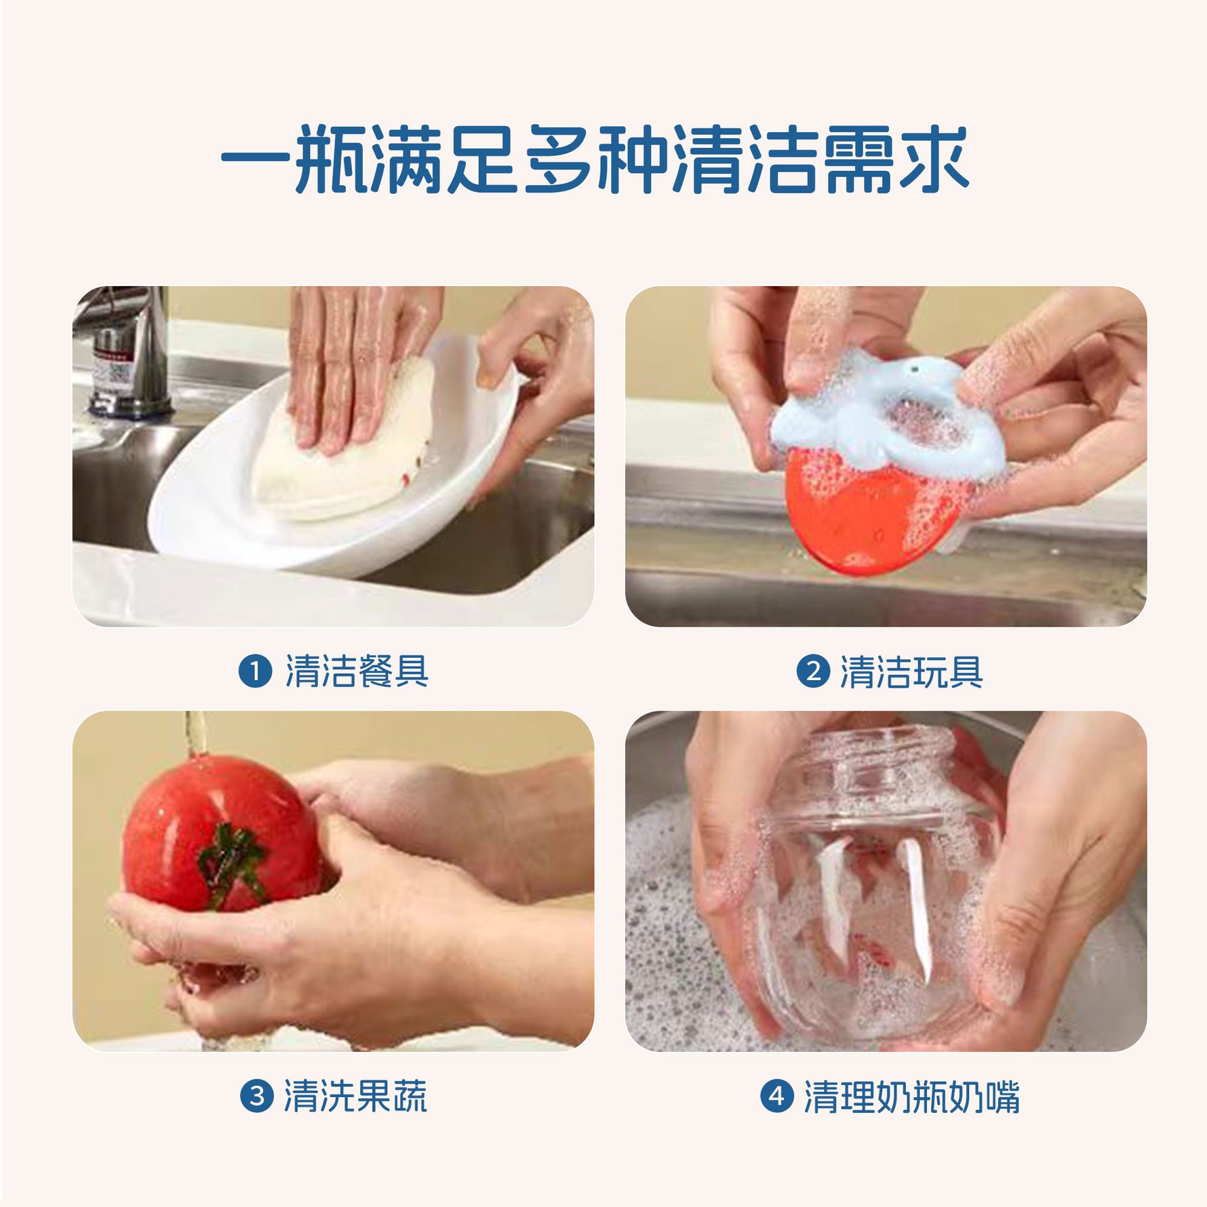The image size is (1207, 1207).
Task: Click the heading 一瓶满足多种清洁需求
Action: [x=595, y=160]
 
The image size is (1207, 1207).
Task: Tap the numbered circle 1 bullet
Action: [x=256, y=671]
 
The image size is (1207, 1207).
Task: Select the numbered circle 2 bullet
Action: [x=813, y=671]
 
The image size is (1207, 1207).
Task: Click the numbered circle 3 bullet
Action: [x=257, y=1096]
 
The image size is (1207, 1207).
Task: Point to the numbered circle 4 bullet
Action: [x=777, y=1096]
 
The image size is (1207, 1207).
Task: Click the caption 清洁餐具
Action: [x=357, y=671]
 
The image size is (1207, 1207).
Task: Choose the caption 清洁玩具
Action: [x=911, y=671]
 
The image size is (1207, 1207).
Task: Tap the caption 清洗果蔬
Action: [x=355, y=1096]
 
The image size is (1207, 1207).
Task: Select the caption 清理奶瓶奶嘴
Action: [x=912, y=1096]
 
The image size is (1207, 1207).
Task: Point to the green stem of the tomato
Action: [x=231, y=863]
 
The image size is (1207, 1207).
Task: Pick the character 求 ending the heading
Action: [x=932, y=160]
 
